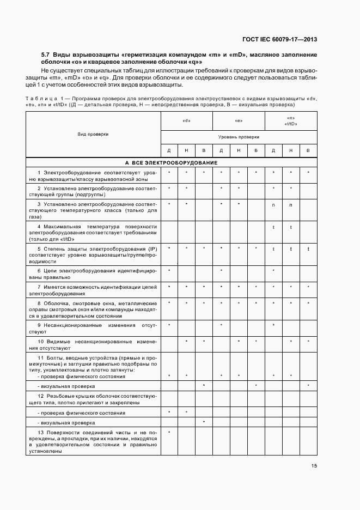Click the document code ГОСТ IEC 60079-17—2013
click(x=279, y=39)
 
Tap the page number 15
click(x=314, y=466)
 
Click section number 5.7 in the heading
click(x=46, y=55)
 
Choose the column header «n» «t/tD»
click(x=291, y=122)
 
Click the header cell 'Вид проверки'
click(x=93, y=133)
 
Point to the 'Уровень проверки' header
click(x=239, y=137)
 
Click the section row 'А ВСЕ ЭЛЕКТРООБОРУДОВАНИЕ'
click(x=172, y=162)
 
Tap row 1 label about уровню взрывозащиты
click(x=94, y=175)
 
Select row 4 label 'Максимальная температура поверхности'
click(x=94, y=232)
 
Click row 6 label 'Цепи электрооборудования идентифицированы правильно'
click(x=94, y=273)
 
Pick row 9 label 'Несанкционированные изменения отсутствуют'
click(x=94, y=328)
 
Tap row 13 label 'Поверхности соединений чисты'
click(x=94, y=441)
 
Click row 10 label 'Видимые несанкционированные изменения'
click(x=94, y=344)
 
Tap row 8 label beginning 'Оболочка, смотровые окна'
click(x=94, y=309)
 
